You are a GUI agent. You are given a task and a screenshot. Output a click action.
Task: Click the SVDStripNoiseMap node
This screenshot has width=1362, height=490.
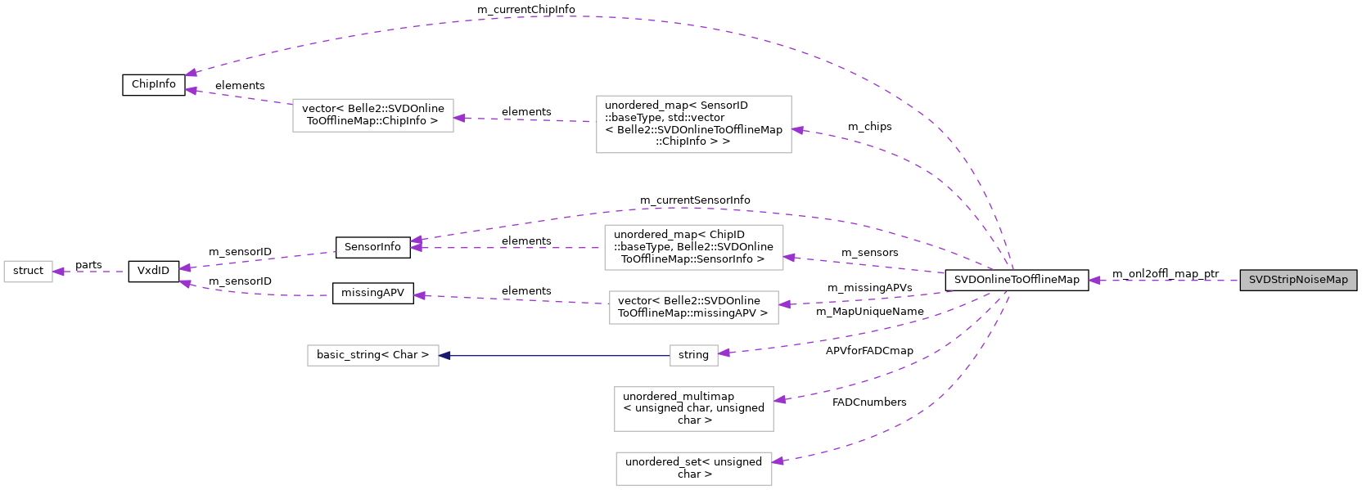[x=1298, y=281]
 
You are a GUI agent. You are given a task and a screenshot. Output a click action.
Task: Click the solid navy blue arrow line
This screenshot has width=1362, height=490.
[x=557, y=356]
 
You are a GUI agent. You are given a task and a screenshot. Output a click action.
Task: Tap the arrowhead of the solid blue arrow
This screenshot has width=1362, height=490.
[x=444, y=356]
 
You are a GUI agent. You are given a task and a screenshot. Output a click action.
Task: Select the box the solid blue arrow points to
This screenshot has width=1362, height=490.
[x=373, y=356]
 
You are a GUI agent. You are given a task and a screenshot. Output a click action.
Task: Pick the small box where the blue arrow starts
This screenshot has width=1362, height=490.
[x=694, y=356]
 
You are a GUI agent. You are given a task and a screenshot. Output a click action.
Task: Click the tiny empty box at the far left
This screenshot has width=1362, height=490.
[x=28, y=272]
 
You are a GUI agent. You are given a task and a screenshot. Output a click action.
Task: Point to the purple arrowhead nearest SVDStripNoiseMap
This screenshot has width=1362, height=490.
[x=1094, y=281]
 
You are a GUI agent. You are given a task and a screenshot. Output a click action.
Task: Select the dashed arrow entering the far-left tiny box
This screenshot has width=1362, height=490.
[x=90, y=272]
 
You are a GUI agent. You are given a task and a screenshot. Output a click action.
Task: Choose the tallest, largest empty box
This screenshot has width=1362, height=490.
[x=694, y=124]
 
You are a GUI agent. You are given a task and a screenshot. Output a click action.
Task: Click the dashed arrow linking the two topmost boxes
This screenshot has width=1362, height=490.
[x=524, y=119]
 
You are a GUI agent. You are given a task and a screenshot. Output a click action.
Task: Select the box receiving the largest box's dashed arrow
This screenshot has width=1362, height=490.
[x=373, y=115]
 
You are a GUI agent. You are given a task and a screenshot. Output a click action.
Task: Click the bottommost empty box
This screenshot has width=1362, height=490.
[x=694, y=469]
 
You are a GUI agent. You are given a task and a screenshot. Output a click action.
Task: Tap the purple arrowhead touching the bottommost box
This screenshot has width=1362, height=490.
[x=778, y=461]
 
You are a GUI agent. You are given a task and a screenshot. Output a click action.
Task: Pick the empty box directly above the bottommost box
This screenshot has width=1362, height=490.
[x=694, y=409]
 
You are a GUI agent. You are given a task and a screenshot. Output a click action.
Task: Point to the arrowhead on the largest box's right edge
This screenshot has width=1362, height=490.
[x=797, y=129]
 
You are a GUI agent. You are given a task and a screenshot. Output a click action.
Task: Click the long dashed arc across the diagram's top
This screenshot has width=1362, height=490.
[x=573, y=16]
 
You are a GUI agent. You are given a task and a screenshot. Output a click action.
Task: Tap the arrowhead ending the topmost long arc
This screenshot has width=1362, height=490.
[x=191, y=73]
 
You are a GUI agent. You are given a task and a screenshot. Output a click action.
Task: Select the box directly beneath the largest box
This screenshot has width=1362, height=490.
[x=694, y=247]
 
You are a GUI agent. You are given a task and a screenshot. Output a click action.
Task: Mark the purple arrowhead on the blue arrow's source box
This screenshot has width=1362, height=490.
[x=724, y=353]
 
